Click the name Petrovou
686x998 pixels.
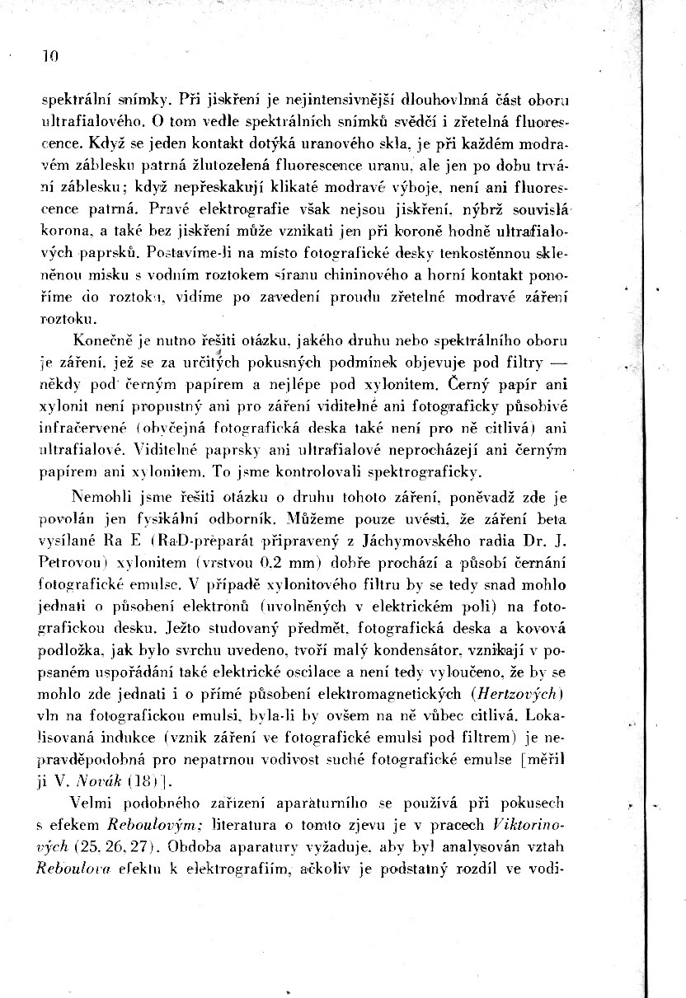(72, 563)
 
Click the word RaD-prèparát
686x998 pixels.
(196, 541)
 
